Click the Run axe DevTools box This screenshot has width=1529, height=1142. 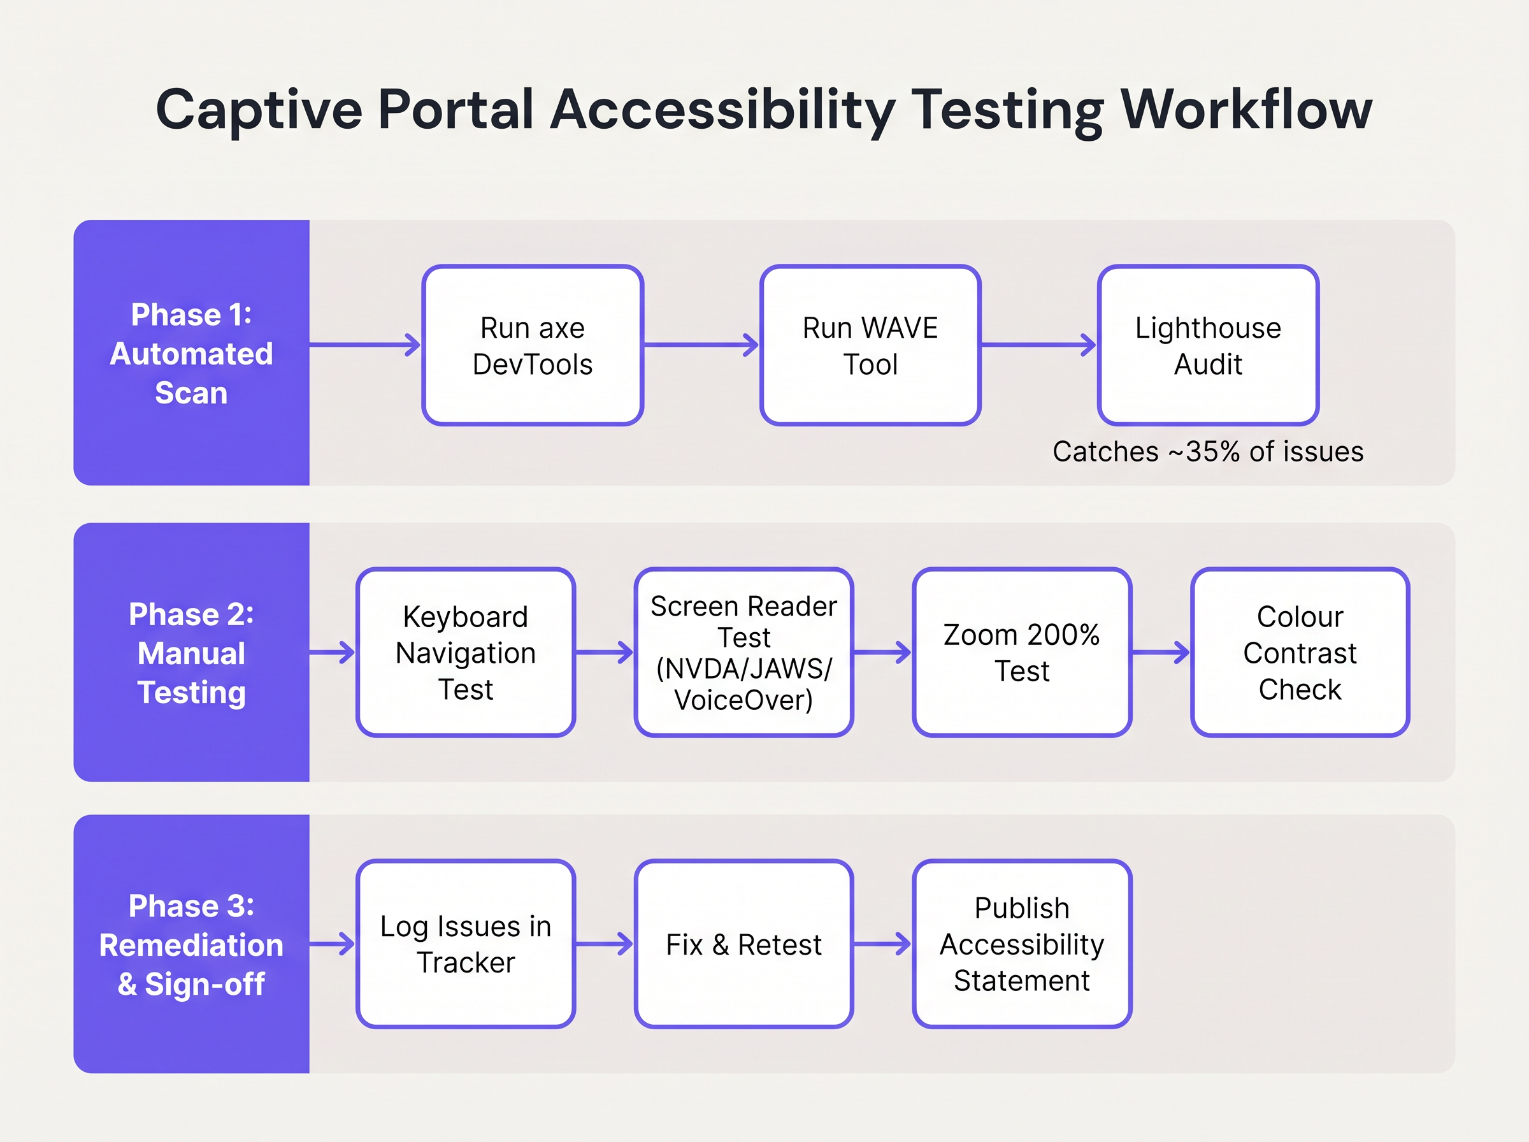click(x=533, y=345)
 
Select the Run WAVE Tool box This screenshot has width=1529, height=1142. click(x=870, y=345)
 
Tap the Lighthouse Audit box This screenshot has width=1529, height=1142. click(x=1208, y=345)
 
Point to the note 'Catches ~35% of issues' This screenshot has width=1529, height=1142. click(x=1208, y=451)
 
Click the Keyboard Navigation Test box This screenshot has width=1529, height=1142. click(x=466, y=653)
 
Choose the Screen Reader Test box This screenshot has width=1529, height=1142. click(x=743, y=653)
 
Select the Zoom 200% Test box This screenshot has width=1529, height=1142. click(x=1021, y=653)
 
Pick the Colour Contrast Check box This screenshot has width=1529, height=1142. click(x=1300, y=653)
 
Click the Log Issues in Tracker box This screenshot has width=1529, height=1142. click(x=466, y=944)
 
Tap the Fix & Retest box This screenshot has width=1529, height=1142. click(x=743, y=944)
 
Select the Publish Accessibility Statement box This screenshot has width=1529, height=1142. click(x=1021, y=944)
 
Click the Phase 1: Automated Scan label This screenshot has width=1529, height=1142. click(x=191, y=353)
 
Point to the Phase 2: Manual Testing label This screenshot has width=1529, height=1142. click(x=191, y=653)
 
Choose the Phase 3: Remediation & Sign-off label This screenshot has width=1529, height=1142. click(x=191, y=945)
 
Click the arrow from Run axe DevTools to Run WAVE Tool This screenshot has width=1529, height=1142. click(x=701, y=344)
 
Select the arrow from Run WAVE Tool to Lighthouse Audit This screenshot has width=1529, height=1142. click(x=1038, y=344)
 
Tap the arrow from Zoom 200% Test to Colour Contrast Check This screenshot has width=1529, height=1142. click(x=1161, y=652)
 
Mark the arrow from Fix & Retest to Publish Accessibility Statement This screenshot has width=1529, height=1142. click(x=882, y=944)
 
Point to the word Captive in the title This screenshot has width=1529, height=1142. click(x=259, y=111)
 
